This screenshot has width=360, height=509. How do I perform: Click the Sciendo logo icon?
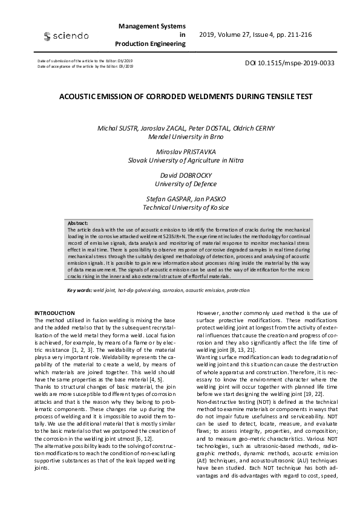[x=47, y=37]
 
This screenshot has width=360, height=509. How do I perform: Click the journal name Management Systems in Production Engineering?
[x=152, y=36]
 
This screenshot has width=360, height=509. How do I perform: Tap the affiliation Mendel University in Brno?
[x=186, y=137]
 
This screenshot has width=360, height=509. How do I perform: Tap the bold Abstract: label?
[x=78, y=223]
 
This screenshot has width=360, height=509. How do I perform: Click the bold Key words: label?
[x=79, y=290]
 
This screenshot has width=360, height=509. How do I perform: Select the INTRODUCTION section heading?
[x=55, y=312]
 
